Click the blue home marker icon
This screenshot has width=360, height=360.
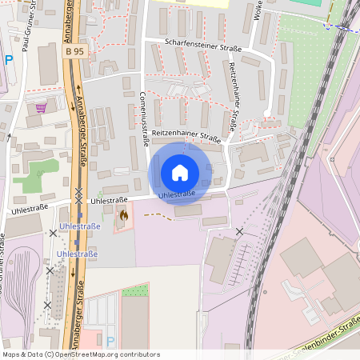(180, 172)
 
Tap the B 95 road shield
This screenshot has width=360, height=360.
(73, 50)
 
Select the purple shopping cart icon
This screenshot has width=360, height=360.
(41, 107)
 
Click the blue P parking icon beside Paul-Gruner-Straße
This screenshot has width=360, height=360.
(9, 59)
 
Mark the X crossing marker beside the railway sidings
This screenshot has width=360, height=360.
(238, 231)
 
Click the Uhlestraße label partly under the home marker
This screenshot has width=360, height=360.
(178, 194)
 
